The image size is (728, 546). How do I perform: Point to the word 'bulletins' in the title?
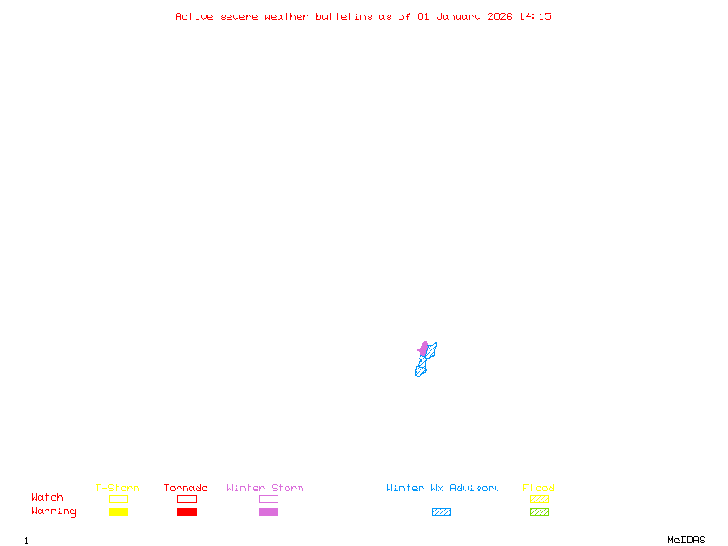(344, 16)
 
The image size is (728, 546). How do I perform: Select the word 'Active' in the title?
(194, 16)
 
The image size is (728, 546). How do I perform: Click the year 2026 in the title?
(500, 16)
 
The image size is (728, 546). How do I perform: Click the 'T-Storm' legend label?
(117, 488)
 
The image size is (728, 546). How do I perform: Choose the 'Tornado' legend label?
(186, 488)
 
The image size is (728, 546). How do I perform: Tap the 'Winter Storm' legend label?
(265, 488)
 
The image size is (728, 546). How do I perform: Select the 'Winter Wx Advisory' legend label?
(443, 488)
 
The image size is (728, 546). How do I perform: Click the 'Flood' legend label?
(539, 488)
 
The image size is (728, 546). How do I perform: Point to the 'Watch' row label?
(47, 498)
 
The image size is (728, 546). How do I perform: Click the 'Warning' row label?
(53, 511)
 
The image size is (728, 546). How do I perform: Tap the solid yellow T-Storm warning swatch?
(118, 511)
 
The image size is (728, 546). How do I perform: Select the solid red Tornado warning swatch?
(187, 511)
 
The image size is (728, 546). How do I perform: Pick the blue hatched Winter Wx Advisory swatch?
(441, 511)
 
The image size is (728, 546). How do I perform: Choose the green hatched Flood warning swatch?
(539, 511)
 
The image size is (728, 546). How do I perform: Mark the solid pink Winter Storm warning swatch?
(268, 511)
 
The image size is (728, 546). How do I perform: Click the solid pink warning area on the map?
(423, 349)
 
